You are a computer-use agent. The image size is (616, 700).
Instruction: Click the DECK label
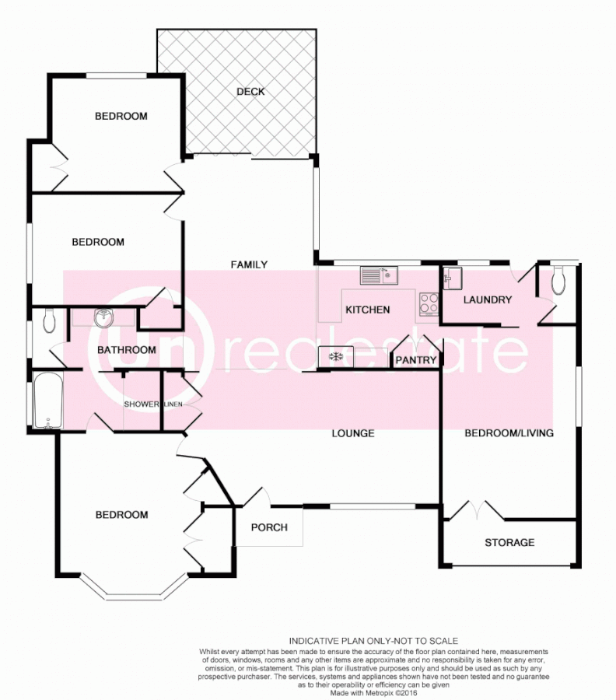pyautogui.click(x=250, y=92)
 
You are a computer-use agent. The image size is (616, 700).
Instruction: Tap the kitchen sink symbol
pyautogui.click(x=379, y=275)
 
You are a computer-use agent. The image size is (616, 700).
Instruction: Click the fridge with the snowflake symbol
pyautogui.click(x=335, y=357)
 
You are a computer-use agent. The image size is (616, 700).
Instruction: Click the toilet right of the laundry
pyautogui.click(x=558, y=282)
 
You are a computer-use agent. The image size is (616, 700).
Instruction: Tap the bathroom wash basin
pyautogui.click(x=103, y=319)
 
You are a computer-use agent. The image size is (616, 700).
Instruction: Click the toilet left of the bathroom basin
pyautogui.click(x=48, y=320)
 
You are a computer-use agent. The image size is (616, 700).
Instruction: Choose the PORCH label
pyautogui.click(x=269, y=527)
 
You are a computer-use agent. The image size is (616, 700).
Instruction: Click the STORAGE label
pyautogui.click(x=509, y=542)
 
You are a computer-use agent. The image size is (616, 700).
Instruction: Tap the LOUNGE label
pyautogui.click(x=353, y=433)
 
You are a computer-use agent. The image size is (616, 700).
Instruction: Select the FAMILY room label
pyautogui.click(x=249, y=264)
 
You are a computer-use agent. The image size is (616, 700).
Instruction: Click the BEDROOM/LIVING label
pyautogui.click(x=509, y=433)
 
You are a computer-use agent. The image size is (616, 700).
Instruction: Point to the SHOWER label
pyautogui.click(x=142, y=404)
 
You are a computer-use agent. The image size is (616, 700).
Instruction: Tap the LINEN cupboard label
pyautogui.click(x=173, y=404)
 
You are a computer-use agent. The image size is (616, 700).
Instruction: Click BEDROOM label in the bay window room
pyautogui.click(x=121, y=515)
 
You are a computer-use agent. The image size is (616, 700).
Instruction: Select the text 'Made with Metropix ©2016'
pyautogui.click(x=373, y=692)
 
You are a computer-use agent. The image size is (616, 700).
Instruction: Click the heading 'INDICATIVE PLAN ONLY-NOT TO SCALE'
pyautogui.click(x=373, y=640)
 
